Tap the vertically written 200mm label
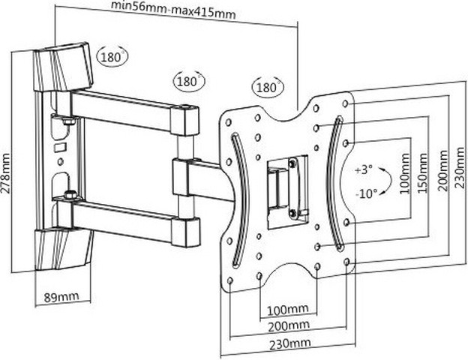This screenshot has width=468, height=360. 442,172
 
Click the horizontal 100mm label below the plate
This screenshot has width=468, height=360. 289,309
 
